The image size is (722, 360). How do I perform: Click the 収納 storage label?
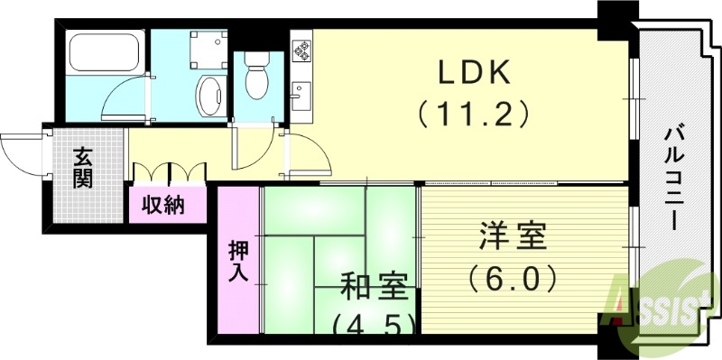click(163, 204)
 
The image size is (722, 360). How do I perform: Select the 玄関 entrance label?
click(83, 167)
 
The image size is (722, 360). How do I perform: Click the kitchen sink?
click(301, 94)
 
